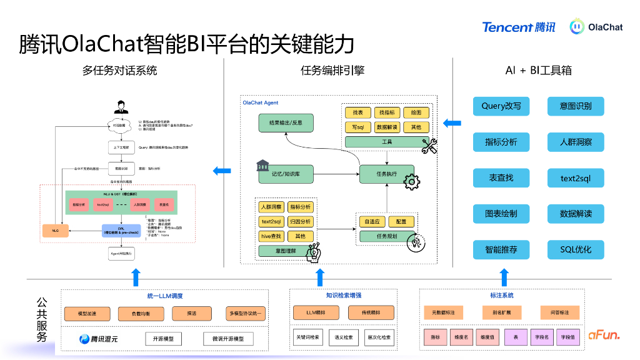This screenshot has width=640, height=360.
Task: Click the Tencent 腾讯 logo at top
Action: [518, 27]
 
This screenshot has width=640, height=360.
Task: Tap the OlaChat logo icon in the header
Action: [577, 27]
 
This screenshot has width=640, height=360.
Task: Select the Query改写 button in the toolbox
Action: [501, 106]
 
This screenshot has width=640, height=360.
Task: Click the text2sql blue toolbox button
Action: [575, 178]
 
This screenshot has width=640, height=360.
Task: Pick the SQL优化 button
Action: [575, 249]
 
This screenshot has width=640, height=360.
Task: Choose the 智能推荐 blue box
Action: [501, 249]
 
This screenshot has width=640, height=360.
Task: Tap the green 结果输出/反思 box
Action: [285, 123]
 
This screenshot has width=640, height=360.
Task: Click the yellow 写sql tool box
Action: [357, 127]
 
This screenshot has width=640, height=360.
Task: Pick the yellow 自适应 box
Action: [372, 221]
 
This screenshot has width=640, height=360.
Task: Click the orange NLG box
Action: [55, 231]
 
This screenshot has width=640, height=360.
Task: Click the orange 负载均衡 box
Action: [139, 313]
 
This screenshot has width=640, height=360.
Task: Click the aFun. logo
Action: [604, 336]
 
